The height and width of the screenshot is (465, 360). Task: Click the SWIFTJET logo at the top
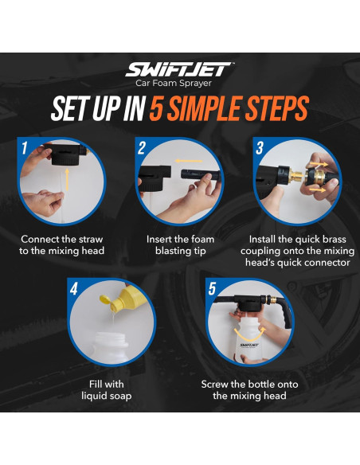(x=180, y=69)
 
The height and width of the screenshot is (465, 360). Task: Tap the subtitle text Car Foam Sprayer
(x=180, y=82)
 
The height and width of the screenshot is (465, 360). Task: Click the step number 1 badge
(x=26, y=148)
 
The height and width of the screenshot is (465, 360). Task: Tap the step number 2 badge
(x=141, y=148)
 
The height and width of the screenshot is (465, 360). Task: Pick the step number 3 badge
(x=259, y=148)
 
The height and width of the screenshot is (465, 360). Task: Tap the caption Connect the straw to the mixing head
(x=62, y=244)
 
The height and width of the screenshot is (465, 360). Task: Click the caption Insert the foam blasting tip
(x=180, y=244)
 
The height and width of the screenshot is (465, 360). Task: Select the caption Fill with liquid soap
(x=107, y=390)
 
